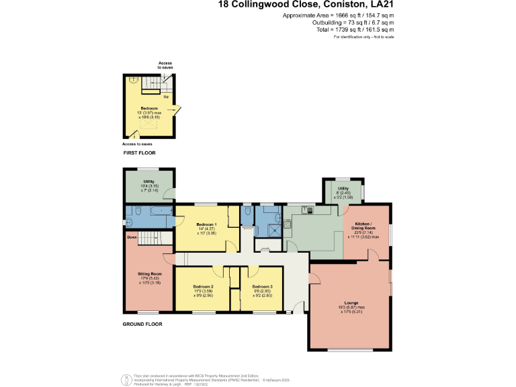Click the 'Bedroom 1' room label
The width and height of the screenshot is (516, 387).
(206, 224)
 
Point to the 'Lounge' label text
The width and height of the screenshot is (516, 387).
(351, 303)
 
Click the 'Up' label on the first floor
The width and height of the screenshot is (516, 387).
(165, 96)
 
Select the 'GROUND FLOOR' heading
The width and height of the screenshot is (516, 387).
(142, 324)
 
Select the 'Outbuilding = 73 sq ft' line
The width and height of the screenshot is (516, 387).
(356, 23)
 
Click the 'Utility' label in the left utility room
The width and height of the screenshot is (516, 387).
(148, 181)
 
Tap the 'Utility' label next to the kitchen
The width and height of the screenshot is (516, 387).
(343, 189)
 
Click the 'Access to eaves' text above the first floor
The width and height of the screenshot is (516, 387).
(165, 65)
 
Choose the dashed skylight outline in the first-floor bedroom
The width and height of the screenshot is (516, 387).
(149, 126)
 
